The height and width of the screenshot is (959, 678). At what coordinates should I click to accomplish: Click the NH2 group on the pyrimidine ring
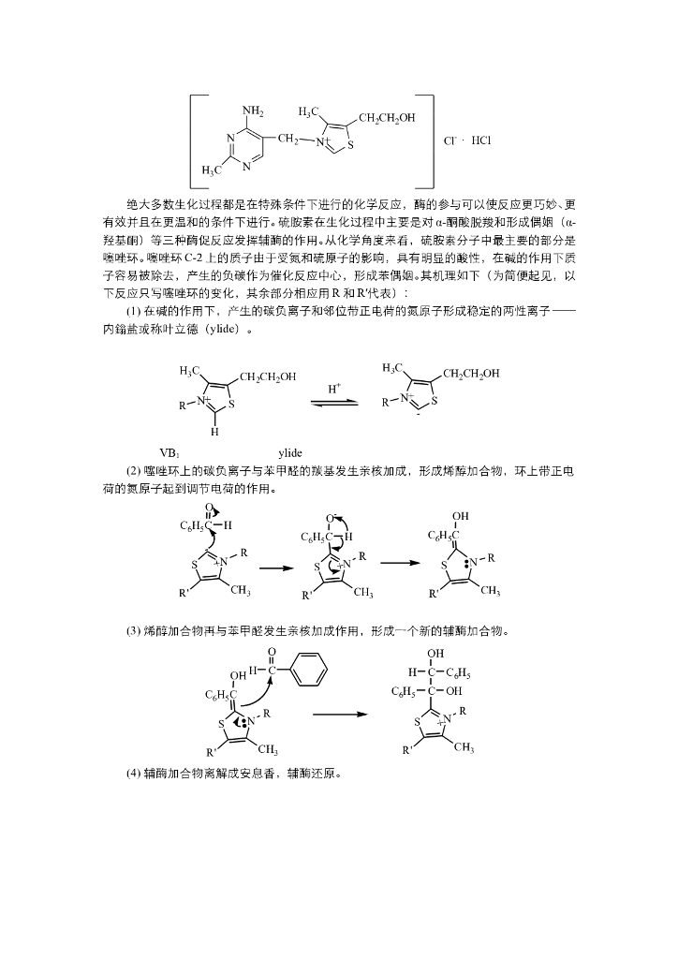click(x=253, y=111)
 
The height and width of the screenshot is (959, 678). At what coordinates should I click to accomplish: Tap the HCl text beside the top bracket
click(x=480, y=140)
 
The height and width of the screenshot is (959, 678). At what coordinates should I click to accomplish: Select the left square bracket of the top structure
click(x=193, y=141)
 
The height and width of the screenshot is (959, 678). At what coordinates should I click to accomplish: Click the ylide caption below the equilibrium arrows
click(x=290, y=452)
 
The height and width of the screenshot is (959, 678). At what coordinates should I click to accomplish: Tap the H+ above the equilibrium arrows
click(x=334, y=387)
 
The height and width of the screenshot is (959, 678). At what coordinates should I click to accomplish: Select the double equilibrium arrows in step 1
click(x=334, y=402)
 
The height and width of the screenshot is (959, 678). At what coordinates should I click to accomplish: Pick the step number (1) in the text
click(x=133, y=311)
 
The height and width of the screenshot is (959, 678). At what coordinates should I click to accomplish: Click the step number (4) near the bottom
click(x=133, y=775)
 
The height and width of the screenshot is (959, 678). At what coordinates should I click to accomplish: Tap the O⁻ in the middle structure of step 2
click(x=332, y=517)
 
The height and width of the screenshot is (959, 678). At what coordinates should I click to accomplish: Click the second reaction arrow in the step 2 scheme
click(x=401, y=564)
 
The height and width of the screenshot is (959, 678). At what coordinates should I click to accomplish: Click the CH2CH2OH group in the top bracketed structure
click(x=386, y=118)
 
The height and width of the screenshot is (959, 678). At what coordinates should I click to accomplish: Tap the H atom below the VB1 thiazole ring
click(x=214, y=433)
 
